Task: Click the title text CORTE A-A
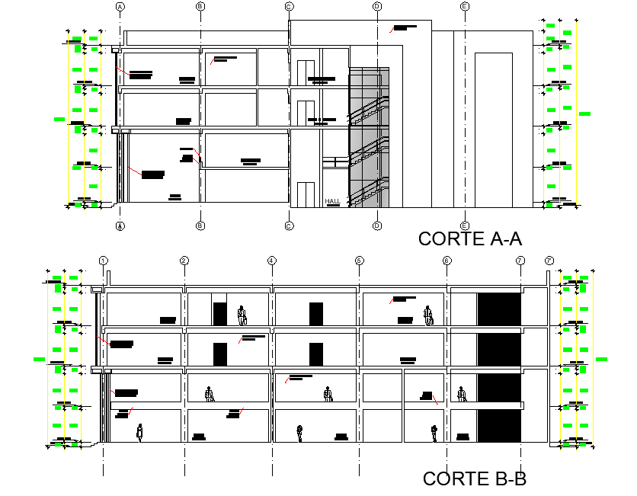click(x=469, y=238)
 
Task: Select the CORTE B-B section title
click(x=474, y=478)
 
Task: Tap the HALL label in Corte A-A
click(x=332, y=202)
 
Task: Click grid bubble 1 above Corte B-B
click(x=103, y=261)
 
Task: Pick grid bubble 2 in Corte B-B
click(x=184, y=261)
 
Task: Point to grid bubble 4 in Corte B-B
click(x=272, y=261)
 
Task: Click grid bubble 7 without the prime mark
click(x=520, y=261)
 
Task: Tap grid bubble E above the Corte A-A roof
click(x=465, y=6)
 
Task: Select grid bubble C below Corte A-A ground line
click(x=289, y=226)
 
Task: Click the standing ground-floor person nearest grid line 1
click(x=139, y=433)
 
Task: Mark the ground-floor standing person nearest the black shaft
click(x=434, y=433)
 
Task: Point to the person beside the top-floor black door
click(x=242, y=315)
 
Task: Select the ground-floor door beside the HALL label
click(x=306, y=194)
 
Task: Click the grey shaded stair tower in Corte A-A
click(x=369, y=137)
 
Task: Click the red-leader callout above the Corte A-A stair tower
click(x=405, y=27)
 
